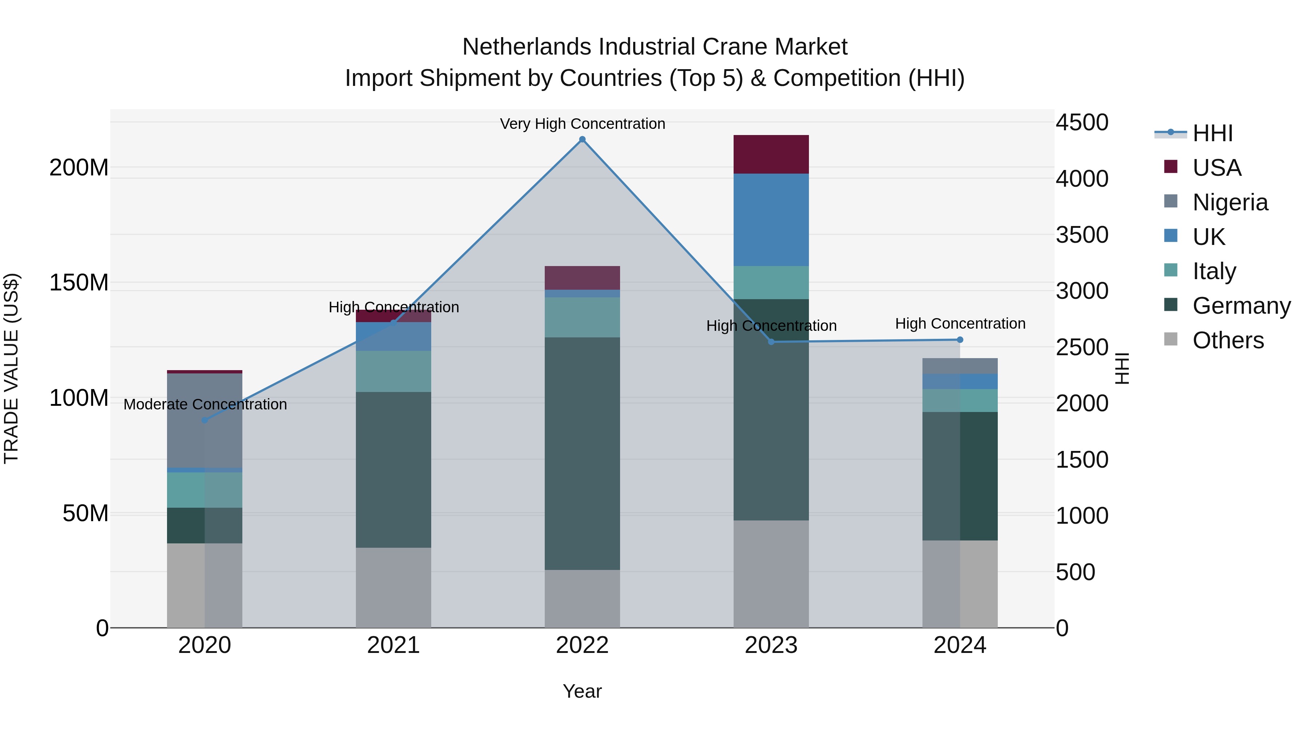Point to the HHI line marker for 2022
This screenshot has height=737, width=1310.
[582, 139]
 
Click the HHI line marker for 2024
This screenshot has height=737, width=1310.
[960, 340]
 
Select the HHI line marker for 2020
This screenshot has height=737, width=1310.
[205, 420]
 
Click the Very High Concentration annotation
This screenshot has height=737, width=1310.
[582, 124]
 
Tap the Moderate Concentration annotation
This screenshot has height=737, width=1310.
[205, 404]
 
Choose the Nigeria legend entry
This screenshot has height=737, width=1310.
[1230, 202]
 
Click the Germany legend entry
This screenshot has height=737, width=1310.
[1241, 306]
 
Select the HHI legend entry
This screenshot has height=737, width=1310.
[1212, 133]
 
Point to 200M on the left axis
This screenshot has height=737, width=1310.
[79, 167]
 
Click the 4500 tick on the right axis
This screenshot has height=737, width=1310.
[1082, 123]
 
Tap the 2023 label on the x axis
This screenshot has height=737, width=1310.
[771, 645]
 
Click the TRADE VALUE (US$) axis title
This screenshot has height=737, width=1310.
[11, 368]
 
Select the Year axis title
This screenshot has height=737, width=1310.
[582, 691]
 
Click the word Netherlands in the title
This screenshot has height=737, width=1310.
[527, 47]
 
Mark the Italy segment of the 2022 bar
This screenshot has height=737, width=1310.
[582, 317]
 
